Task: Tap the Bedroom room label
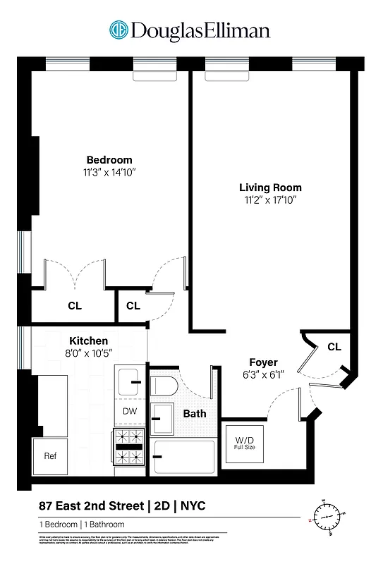tap(109, 160)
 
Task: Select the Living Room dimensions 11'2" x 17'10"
tap(269, 200)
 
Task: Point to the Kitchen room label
tap(88, 340)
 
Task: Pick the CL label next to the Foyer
tap(334, 347)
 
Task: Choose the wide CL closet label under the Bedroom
tap(74, 306)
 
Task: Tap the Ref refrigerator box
tap(50, 455)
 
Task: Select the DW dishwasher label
tap(129, 411)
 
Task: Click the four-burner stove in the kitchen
tap(129, 444)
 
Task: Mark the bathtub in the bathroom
tap(184, 458)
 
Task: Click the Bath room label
tap(195, 413)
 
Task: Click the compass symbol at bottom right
tap(327, 517)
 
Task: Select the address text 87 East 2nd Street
tap(90, 505)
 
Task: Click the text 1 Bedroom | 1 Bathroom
tap(82, 525)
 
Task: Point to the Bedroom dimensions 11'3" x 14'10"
tap(109, 172)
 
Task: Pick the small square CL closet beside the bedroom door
tap(133, 306)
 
